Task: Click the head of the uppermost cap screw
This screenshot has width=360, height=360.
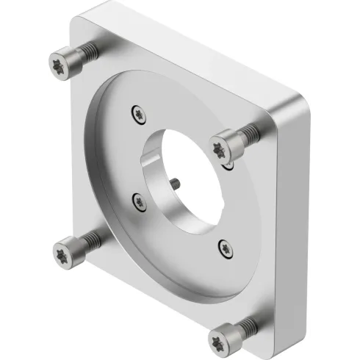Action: click(64, 62)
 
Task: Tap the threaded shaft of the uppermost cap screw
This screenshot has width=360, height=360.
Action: click(87, 51)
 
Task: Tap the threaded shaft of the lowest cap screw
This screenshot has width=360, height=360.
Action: click(247, 323)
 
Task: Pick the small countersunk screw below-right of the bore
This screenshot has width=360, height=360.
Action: click(224, 248)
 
